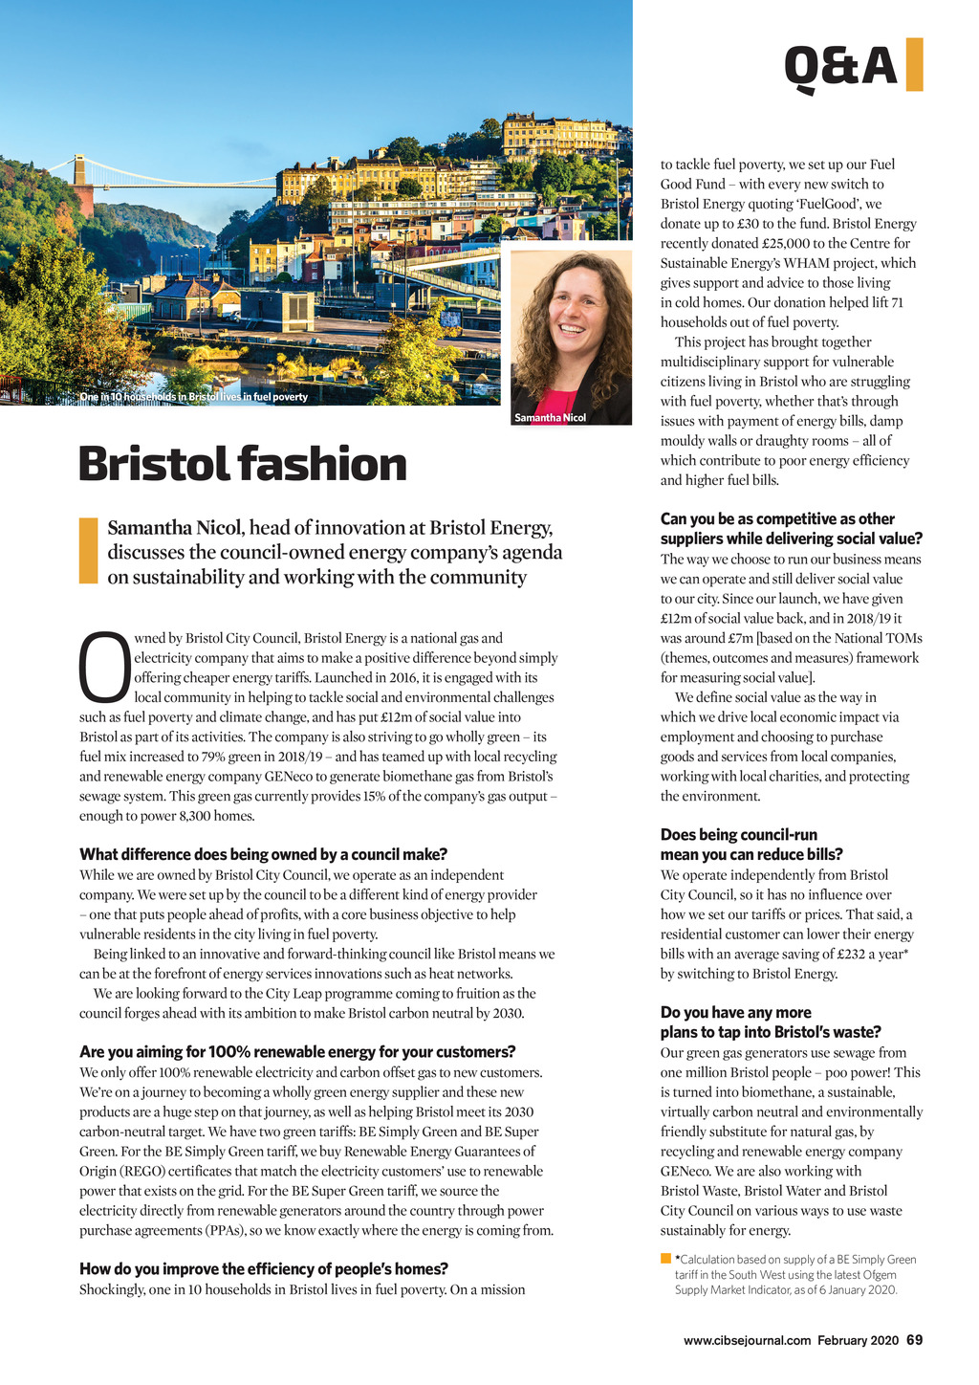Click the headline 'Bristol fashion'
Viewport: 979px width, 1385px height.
click(243, 465)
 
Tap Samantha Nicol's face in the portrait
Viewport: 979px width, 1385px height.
click(577, 317)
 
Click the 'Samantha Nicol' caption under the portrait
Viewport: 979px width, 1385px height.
click(550, 418)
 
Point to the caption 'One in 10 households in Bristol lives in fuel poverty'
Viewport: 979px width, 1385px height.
click(193, 397)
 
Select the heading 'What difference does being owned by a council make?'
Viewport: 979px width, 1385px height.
click(263, 854)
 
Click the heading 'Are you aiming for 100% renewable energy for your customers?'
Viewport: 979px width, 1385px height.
click(297, 1052)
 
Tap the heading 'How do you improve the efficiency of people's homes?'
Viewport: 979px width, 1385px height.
click(263, 1269)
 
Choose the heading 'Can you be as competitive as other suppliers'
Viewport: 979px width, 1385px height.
click(790, 529)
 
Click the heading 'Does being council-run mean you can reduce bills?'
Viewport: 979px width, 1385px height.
click(751, 845)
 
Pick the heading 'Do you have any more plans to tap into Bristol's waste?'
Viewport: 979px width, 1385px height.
click(770, 1022)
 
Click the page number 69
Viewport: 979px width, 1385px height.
click(914, 1340)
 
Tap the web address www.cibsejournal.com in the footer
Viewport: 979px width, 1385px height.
click(747, 1341)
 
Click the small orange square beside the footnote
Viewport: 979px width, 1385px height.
click(665, 1258)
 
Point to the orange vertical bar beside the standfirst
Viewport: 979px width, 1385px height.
click(88, 551)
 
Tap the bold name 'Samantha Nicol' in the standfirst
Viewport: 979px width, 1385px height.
click(174, 527)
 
